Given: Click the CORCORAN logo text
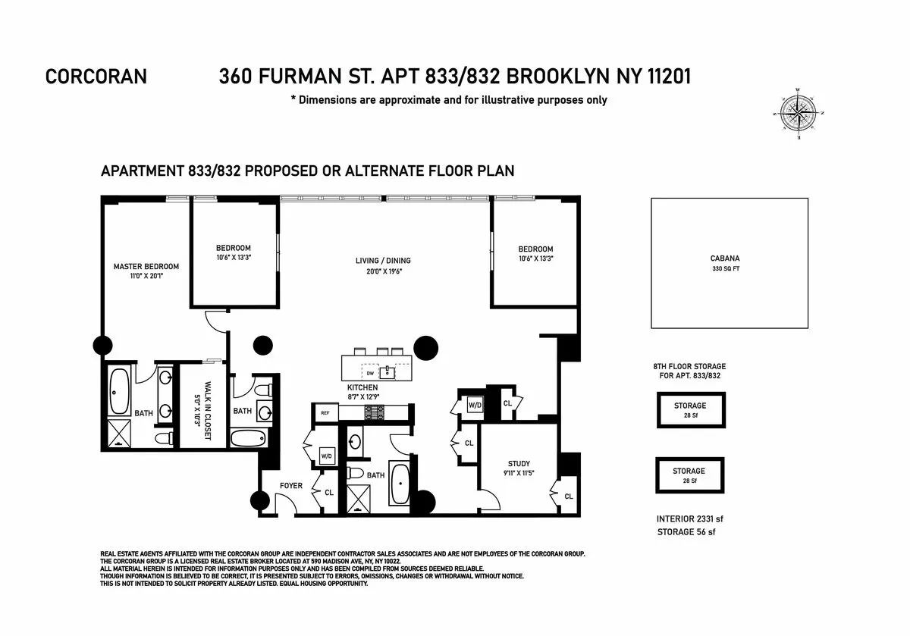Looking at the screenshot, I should (x=96, y=77).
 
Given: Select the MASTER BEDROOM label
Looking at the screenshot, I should (x=146, y=266).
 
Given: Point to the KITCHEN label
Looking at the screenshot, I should (x=362, y=387).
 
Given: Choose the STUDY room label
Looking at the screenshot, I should (x=519, y=464).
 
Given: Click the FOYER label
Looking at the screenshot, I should (x=291, y=486).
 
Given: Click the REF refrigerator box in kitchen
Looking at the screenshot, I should (x=325, y=413).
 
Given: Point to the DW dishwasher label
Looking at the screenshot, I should (x=369, y=374).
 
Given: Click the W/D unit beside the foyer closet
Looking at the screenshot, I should (x=327, y=456).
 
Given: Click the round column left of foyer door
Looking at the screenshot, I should (x=260, y=500).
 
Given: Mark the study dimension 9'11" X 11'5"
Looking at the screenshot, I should (x=519, y=474).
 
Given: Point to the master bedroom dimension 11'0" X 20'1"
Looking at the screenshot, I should (x=146, y=277).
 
